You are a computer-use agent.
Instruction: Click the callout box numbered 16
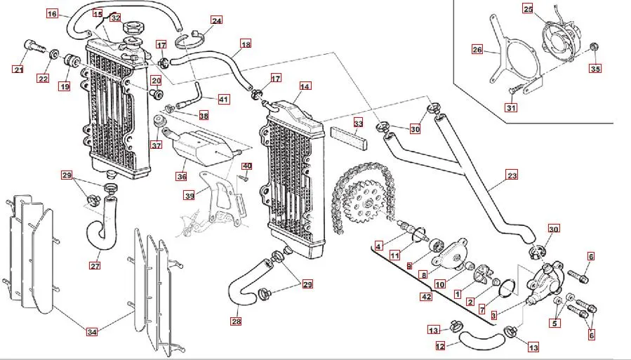(x=52, y=13)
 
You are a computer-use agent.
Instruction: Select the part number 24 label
(x=216, y=20)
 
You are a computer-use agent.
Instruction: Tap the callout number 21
(x=18, y=68)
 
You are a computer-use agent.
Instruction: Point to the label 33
(x=358, y=123)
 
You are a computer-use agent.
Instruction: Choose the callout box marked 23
(x=512, y=175)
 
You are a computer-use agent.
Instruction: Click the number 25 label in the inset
(x=528, y=8)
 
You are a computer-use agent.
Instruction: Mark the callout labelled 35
(x=595, y=68)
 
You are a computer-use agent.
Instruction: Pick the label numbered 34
(x=91, y=331)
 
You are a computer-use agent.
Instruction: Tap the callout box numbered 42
(x=426, y=297)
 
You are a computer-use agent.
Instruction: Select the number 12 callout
(x=440, y=345)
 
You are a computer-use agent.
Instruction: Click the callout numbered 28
(x=236, y=321)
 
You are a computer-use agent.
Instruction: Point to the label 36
(x=181, y=176)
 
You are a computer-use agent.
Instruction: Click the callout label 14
(x=304, y=86)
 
